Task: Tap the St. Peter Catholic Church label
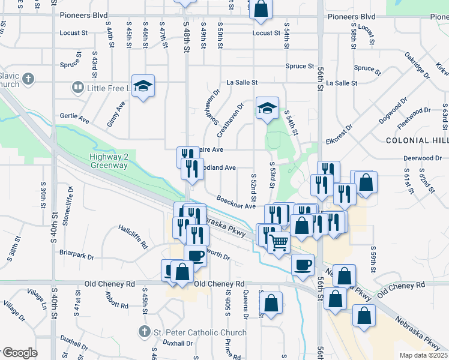199,332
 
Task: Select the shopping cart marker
279,242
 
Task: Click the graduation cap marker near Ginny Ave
143,86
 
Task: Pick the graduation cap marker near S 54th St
267,108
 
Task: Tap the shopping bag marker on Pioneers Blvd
261,8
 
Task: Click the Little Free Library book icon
77,88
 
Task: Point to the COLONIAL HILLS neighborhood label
417,140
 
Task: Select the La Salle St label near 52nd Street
242,82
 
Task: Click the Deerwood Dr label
423,158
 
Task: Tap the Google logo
20,353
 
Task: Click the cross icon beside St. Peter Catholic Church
144,331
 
